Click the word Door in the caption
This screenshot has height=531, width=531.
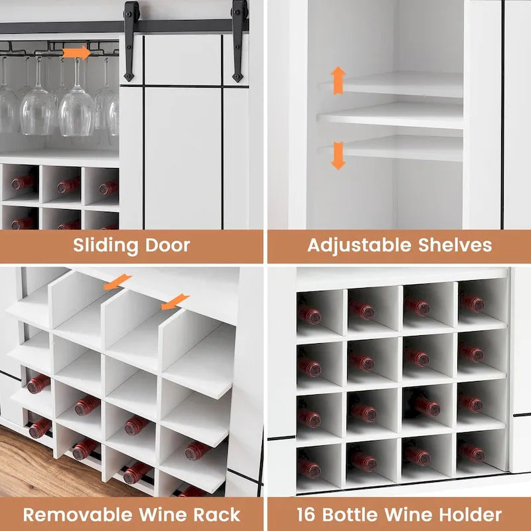click(170, 245)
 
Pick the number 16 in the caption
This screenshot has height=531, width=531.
click(307, 514)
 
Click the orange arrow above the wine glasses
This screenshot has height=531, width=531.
click(76, 52)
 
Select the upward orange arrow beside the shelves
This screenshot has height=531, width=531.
click(338, 80)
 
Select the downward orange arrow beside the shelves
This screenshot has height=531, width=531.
click(338, 155)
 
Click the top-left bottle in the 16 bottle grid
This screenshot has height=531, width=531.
click(309, 314)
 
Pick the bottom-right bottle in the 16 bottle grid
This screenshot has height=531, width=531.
click(471, 452)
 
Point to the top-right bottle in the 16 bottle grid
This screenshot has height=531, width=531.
click(472, 303)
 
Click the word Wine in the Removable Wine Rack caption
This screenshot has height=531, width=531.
click(163, 514)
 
